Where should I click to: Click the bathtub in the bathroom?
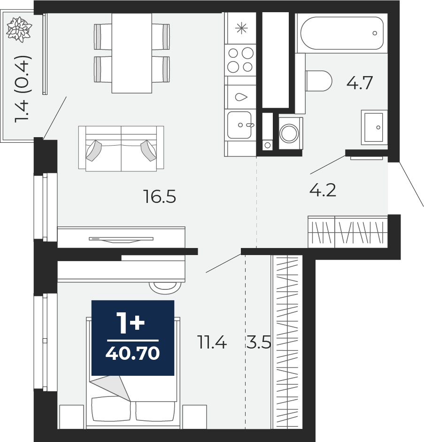(342, 33)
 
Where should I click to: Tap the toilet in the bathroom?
(319, 81)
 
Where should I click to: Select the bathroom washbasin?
(374, 127)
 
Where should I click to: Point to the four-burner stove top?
(240, 60)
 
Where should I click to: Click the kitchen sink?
(240, 125)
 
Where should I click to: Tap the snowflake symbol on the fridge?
(241, 28)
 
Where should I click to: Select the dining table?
(131, 53)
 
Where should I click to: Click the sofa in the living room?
(121, 148)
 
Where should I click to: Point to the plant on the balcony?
(19, 30)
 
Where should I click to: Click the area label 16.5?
(160, 196)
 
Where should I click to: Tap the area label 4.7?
(360, 83)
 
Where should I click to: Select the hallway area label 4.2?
(323, 191)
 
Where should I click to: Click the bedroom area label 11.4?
(212, 342)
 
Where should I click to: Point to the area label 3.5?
(258, 342)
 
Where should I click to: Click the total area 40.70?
(133, 353)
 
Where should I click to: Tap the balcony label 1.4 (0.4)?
(22, 89)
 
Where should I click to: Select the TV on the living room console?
(121, 240)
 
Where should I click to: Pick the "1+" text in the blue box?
(131, 323)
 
